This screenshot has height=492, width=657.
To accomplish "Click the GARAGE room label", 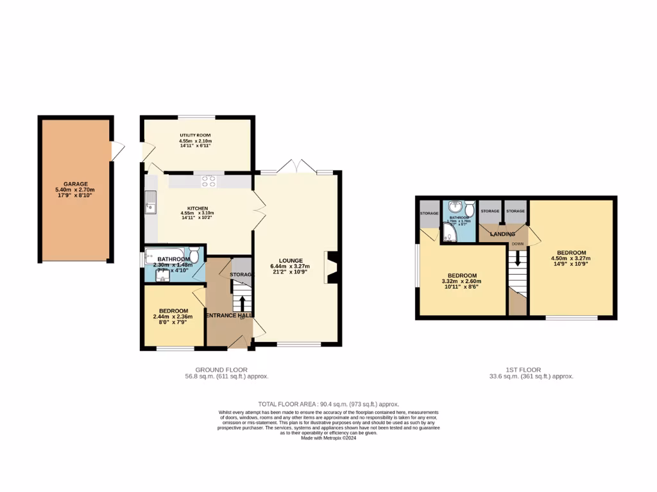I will (x=76, y=184).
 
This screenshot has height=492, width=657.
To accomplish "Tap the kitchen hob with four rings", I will (x=209, y=181).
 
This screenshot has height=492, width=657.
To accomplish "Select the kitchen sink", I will (x=150, y=206).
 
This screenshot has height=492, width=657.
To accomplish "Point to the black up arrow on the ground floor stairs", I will (x=241, y=302).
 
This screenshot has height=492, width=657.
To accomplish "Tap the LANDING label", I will (x=502, y=234).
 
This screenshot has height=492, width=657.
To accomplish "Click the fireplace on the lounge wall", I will (x=332, y=267).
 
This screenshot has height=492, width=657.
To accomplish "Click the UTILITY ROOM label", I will (x=196, y=135).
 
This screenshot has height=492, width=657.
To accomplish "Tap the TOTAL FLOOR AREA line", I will (x=328, y=404).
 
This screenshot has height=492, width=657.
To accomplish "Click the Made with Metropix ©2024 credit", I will (x=328, y=438).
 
